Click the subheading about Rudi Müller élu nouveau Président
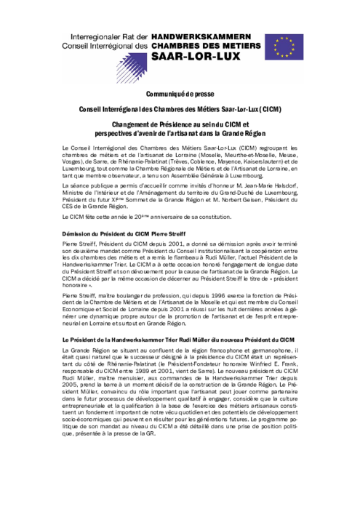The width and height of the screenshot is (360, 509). point(177,340)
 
